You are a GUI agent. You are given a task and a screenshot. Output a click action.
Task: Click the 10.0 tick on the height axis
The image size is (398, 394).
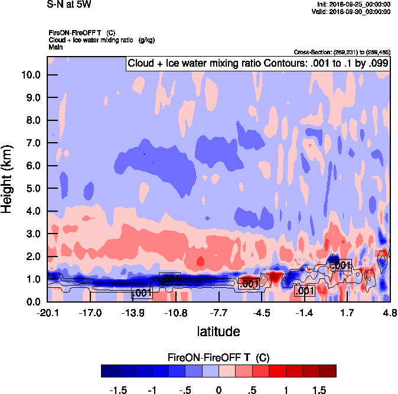(31, 75)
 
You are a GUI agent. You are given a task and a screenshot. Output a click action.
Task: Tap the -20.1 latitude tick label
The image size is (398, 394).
(48, 313)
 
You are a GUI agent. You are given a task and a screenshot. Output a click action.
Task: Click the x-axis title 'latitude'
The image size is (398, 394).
(218, 331)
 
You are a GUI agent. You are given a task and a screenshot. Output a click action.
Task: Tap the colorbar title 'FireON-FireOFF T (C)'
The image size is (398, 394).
(218, 357)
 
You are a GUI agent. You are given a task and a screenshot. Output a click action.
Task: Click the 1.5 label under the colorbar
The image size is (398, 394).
(319, 390)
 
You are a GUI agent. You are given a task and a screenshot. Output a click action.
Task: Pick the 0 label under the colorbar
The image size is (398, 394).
(218, 390)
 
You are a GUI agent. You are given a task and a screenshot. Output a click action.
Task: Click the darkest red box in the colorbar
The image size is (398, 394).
(328, 370)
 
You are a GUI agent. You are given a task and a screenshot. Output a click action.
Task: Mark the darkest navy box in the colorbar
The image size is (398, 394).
(110, 370)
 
